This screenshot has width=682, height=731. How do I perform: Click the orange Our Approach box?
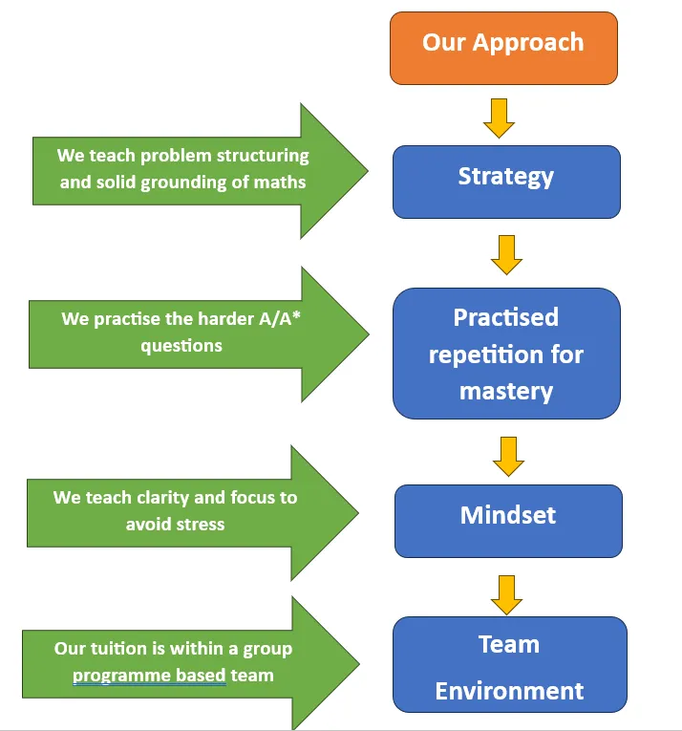pos(503,49)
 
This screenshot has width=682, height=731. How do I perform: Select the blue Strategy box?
pos(506,182)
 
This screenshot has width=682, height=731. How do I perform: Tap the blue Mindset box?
pos(508,521)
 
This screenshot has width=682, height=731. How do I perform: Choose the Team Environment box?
pos(509,664)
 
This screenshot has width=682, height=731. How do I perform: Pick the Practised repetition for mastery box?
pos(506,354)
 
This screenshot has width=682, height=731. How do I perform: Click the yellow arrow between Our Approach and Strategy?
pos(499,118)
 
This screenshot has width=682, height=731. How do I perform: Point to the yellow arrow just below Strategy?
pos(506,255)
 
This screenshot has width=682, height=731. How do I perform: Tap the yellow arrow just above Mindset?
pos(508,457)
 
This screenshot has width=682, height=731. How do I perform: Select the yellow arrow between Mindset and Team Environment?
pos(506,595)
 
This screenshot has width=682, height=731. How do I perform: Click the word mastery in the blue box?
pos(506,392)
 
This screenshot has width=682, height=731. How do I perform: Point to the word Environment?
pos(509,691)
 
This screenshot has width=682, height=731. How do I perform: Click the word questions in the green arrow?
pos(181,346)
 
